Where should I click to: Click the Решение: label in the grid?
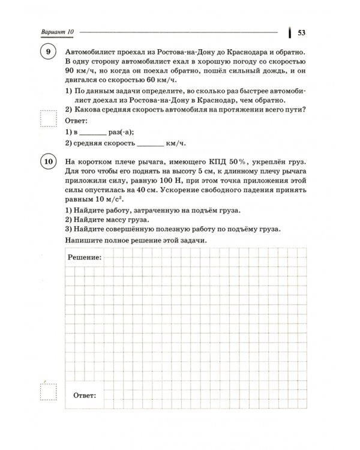(83, 257)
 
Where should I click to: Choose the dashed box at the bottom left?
(47, 392)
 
